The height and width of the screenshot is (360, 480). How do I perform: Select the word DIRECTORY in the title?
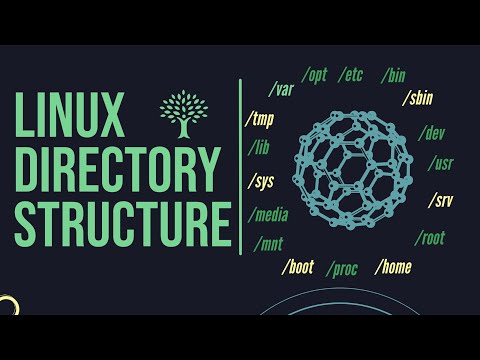point(117,169)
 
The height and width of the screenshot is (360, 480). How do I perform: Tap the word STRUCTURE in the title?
point(118,222)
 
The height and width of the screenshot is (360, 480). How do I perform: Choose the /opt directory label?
point(316,75)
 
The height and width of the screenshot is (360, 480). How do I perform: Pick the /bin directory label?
point(394,75)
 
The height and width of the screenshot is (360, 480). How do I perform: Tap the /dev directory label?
point(434,132)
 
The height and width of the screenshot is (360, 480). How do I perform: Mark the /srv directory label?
point(440,200)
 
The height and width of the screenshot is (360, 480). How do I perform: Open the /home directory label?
point(393,267)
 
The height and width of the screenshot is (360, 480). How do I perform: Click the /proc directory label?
point(344,268)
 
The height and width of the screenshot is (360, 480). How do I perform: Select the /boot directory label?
point(300,267)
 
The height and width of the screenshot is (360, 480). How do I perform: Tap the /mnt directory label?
point(270,242)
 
